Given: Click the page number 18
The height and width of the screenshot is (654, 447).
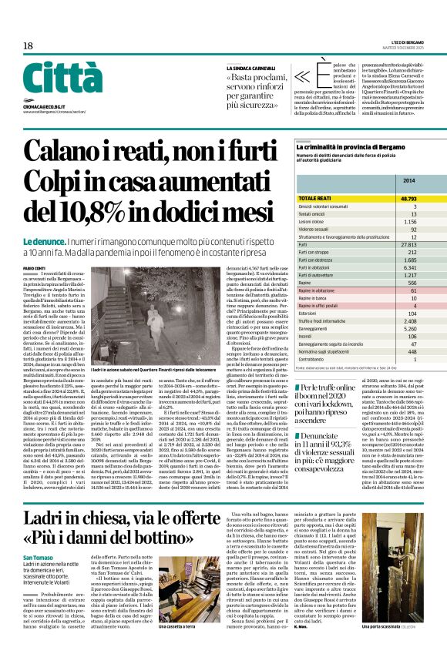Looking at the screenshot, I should pyautogui.click(x=28, y=47).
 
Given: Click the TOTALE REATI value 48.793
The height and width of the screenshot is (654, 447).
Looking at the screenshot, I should pyautogui.click(x=408, y=199).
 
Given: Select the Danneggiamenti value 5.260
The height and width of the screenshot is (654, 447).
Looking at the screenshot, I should pyautogui.click(x=409, y=329).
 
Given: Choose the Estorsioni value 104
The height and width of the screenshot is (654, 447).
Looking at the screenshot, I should pyautogui.click(x=412, y=314).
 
